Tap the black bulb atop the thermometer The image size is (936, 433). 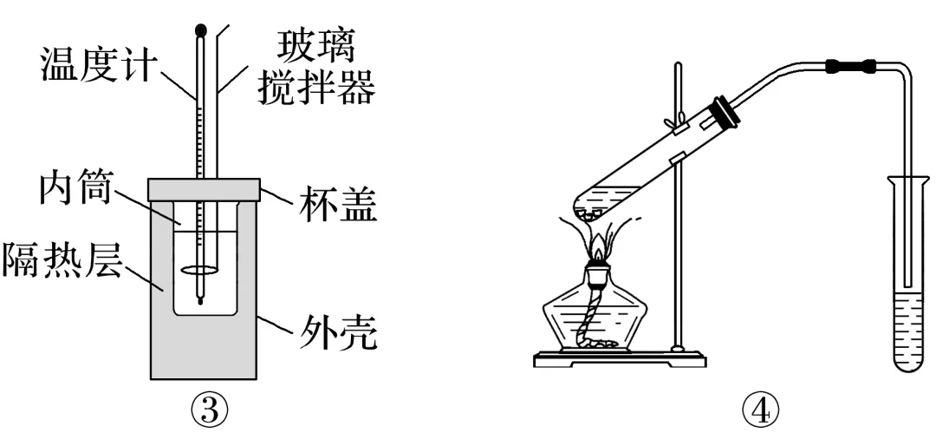point(201,29)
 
